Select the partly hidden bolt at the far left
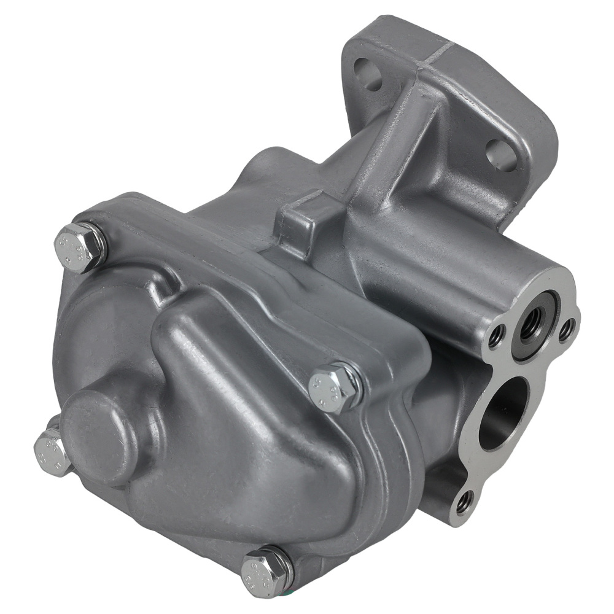click(x=51, y=451)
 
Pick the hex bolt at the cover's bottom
click(x=264, y=573)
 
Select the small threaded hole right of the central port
click(x=567, y=330)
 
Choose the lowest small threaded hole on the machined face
click(x=464, y=503)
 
